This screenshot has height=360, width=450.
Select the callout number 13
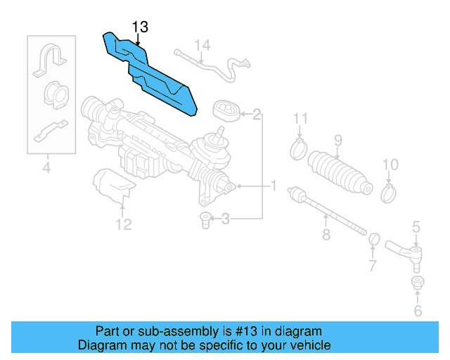click(140, 27)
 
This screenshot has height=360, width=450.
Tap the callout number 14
click(202, 46)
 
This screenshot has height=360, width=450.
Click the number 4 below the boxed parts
click(46, 167)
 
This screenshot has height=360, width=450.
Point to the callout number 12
click(123, 225)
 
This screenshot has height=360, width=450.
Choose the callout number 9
click(337, 141)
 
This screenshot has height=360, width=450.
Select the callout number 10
click(390, 165)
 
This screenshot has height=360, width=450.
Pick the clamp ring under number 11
click(299, 148)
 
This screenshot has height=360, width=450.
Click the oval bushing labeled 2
click(226, 112)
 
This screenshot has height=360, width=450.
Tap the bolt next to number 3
click(205, 219)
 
